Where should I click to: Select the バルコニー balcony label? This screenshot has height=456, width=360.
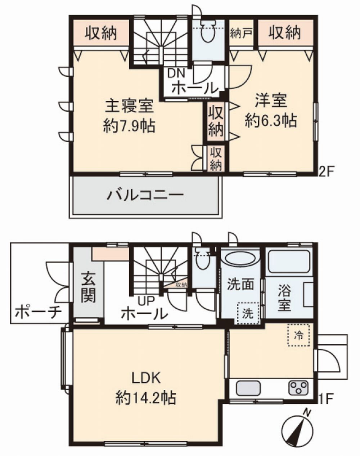(x=145, y=196)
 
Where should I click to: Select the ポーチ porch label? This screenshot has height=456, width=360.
(x=39, y=312)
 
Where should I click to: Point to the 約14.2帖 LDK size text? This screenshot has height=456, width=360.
(x=146, y=398)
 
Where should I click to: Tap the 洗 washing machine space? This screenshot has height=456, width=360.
(x=248, y=313)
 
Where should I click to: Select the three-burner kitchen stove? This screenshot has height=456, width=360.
(x=298, y=388)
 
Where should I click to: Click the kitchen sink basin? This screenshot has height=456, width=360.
(x=248, y=388)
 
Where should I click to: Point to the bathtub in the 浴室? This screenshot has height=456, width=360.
(x=289, y=262)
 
